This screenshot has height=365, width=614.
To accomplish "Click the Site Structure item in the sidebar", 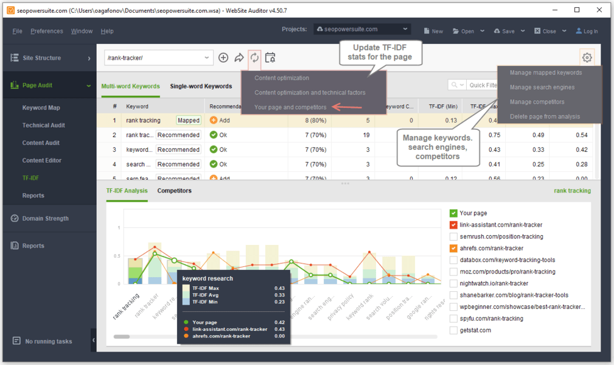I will click(x=41, y=58).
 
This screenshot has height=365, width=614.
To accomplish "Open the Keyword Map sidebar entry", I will click(x=41, y=108).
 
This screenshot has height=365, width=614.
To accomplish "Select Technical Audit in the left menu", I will click(x=43, y=126).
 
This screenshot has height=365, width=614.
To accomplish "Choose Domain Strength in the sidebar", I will click(x=45, y=218).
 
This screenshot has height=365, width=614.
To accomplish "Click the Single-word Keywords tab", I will click(x=201, y=87).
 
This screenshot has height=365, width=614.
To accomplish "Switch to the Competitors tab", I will click(x=174, y=191).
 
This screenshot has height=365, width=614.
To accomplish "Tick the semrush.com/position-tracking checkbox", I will click(x=453, y=236).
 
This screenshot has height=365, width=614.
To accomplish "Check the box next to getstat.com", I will click(x=453, y=330).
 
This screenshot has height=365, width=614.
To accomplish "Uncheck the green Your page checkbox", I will click(x=453, y=213).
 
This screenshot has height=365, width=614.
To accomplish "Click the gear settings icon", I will click(x=587, y=58).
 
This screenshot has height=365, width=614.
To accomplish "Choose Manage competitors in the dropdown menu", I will click(x=537, y=102).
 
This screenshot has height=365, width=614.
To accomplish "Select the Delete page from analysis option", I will click(x=545, y=116).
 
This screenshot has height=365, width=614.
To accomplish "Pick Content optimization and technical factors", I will click(x=310, y=93).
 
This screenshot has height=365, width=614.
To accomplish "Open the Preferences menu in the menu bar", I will click(x=46, y=31).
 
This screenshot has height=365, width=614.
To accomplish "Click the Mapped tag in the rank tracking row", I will click(x=189, y=121).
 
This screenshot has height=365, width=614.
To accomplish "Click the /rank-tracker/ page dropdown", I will click(x=158, y=58).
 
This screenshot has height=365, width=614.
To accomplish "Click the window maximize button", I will click(x=577, y=10).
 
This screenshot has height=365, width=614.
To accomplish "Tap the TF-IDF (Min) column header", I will click(x=442, y=106).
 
